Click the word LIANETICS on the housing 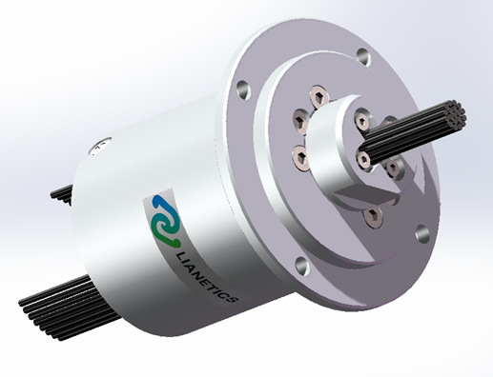pyautogui.click(x=206, y=278)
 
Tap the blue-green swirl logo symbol pyautogui.click(x=166, y=221)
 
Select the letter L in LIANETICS pyautogui.click(x=181, y=256)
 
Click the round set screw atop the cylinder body pyautogui.click(x=101, y=146)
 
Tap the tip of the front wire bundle pyautogui.click(x=455, y=113)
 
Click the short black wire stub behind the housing pyautogui.click(x=61, y=194)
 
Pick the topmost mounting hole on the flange pyautogui.click(x=364, y=57)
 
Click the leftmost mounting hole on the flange pyautogui.click(x=243, y=89)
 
